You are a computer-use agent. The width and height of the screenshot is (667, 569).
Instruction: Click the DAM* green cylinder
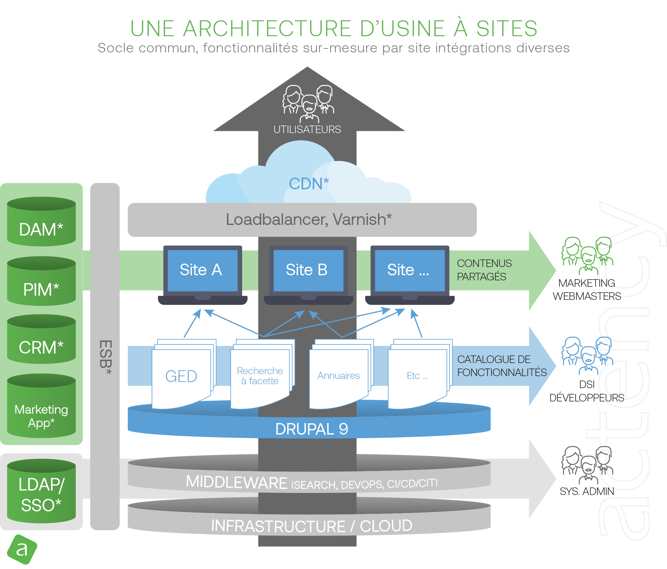coord(41,222)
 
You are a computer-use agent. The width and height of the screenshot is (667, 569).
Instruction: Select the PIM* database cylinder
coord(41,282)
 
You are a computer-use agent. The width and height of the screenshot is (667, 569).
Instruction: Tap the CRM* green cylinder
coord(41,340)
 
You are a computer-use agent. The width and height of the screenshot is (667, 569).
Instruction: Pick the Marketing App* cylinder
coord(41,406)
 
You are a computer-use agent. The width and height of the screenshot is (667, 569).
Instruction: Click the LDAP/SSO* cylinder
coord(41,491)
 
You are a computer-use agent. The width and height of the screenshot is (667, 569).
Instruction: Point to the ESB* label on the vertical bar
coord(105,357)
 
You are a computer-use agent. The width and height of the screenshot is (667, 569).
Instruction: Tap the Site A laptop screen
coord(201,270)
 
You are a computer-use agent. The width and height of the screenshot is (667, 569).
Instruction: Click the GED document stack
coord(181,376)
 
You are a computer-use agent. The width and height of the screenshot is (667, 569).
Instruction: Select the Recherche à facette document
coord(260,376)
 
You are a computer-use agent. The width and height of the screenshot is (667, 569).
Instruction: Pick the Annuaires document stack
coord(339,376)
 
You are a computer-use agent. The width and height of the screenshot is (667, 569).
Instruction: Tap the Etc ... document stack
coord(417,376)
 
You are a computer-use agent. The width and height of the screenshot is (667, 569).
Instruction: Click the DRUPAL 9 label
coord(312,429)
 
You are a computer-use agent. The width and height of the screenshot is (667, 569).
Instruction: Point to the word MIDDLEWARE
coord(237,482)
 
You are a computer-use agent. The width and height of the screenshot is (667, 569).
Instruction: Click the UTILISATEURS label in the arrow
coord(307,130)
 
